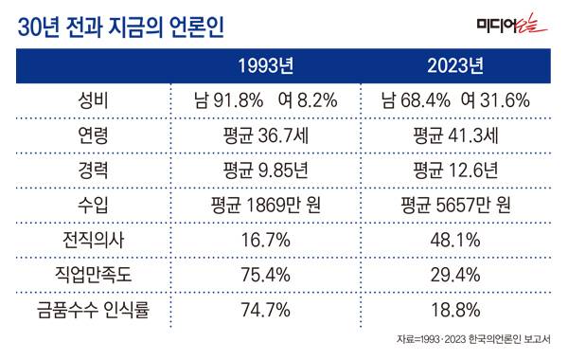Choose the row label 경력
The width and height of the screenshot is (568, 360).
point(93,171)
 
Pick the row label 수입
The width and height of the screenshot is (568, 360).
point(93,205)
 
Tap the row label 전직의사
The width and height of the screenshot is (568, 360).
point(93,239)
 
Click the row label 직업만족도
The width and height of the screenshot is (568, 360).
point(93,273)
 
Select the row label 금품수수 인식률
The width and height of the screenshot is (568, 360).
point(93,307)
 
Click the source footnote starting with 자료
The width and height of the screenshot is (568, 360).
point(474,339)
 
